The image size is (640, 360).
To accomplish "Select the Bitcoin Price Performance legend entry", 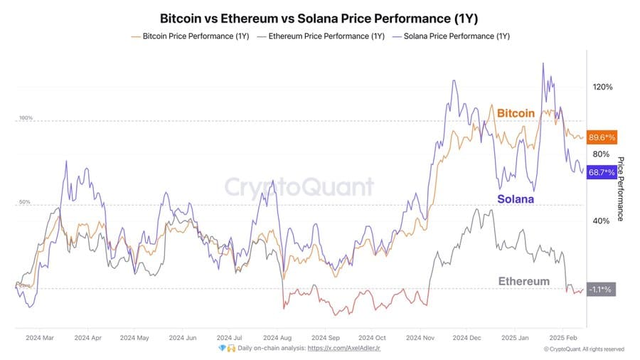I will coord(191,36).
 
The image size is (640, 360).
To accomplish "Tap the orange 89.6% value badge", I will coord(602,137).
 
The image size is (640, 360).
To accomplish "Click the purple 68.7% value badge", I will coord(602,173).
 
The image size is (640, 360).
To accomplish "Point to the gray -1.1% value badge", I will coord(601,290).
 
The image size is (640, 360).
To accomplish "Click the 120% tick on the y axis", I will coord(603,88).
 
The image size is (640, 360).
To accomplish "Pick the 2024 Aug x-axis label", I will coord(276,338).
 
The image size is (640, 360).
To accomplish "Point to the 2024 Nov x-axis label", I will coord(419,338).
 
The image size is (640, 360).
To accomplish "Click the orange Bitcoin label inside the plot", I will coord(516,114).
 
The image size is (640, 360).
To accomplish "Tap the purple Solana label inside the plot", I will coord(516,199).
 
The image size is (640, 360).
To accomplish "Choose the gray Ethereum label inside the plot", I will coord(523,282).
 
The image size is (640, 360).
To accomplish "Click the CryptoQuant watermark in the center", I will coord(299,187).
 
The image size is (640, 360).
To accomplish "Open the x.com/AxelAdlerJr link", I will coord(351,348).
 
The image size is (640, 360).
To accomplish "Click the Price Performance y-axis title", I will coord(620,189).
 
